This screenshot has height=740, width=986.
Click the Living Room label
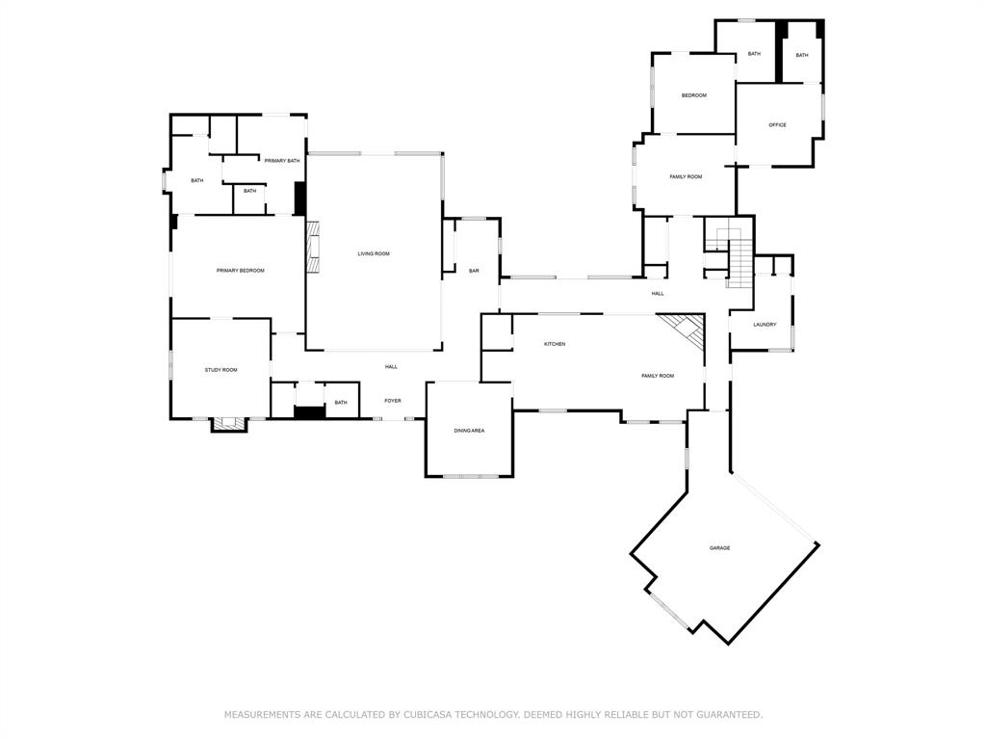(x=374, y=253)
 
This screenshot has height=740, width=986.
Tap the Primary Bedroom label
(x=240, y=271)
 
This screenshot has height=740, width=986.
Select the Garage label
(x=719, y=547)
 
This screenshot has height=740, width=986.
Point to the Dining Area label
(x=469, y=430)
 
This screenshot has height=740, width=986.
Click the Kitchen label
(x=554, y=344)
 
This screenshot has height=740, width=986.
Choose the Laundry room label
(x=765, y=325)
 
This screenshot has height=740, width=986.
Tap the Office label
(x=777, y=125)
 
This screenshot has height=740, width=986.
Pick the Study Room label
(x=221, y=370)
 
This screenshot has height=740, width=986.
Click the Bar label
(x=474, y=271)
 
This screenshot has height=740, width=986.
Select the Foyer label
(x=393, y=401)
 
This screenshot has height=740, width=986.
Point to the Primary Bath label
(x=282, y=160)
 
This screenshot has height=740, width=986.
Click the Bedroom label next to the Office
(x=694, y=95)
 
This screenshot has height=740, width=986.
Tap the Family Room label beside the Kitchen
(x=658, y=376)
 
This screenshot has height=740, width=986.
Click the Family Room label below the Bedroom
(x=686, y=177)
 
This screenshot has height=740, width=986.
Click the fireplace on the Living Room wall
(x=313, y=248)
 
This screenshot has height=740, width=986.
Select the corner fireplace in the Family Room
(x=688, y=330)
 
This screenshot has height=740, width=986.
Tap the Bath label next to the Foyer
(x=341, y=402)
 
